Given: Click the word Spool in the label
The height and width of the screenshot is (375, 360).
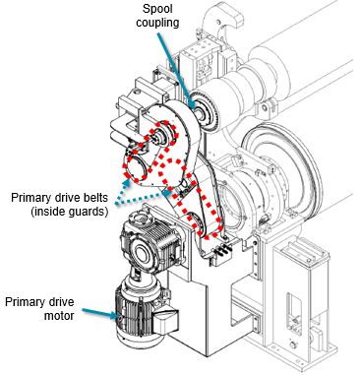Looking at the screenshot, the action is click(x=157, y=9).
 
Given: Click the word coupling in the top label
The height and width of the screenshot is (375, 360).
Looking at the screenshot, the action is click(x=157, y=23).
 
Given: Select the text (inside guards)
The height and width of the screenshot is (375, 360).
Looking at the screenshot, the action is click(x=69, y=212).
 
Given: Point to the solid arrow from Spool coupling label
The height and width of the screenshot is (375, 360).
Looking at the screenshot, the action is click(x=175, y=70).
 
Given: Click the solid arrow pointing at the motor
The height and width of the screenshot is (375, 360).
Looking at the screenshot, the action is click(x=100, y=313).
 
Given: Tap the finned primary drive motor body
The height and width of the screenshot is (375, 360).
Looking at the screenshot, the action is click(x=130, y=313).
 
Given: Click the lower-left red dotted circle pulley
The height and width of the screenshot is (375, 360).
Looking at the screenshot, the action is click(x=135, y=168).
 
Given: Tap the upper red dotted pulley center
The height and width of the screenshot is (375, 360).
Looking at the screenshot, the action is click(x=162, y=135).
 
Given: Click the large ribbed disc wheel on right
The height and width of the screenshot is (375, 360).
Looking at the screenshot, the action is click(x=283, y=167).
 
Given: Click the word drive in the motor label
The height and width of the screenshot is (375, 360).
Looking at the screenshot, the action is click(x=61, y=302).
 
